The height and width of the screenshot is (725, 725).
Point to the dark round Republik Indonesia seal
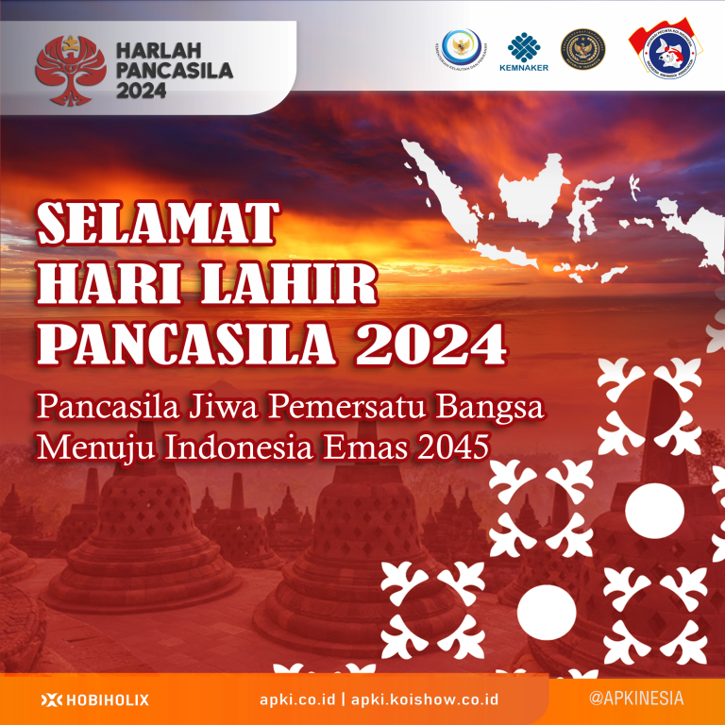tap(582, 49)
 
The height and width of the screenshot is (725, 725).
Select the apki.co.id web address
tap(297, 700)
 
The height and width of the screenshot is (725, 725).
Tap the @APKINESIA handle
tap(635, 699)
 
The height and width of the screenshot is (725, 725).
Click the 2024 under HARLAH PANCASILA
tap(142, 91)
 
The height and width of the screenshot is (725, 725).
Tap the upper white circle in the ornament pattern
tap(654, 509)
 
